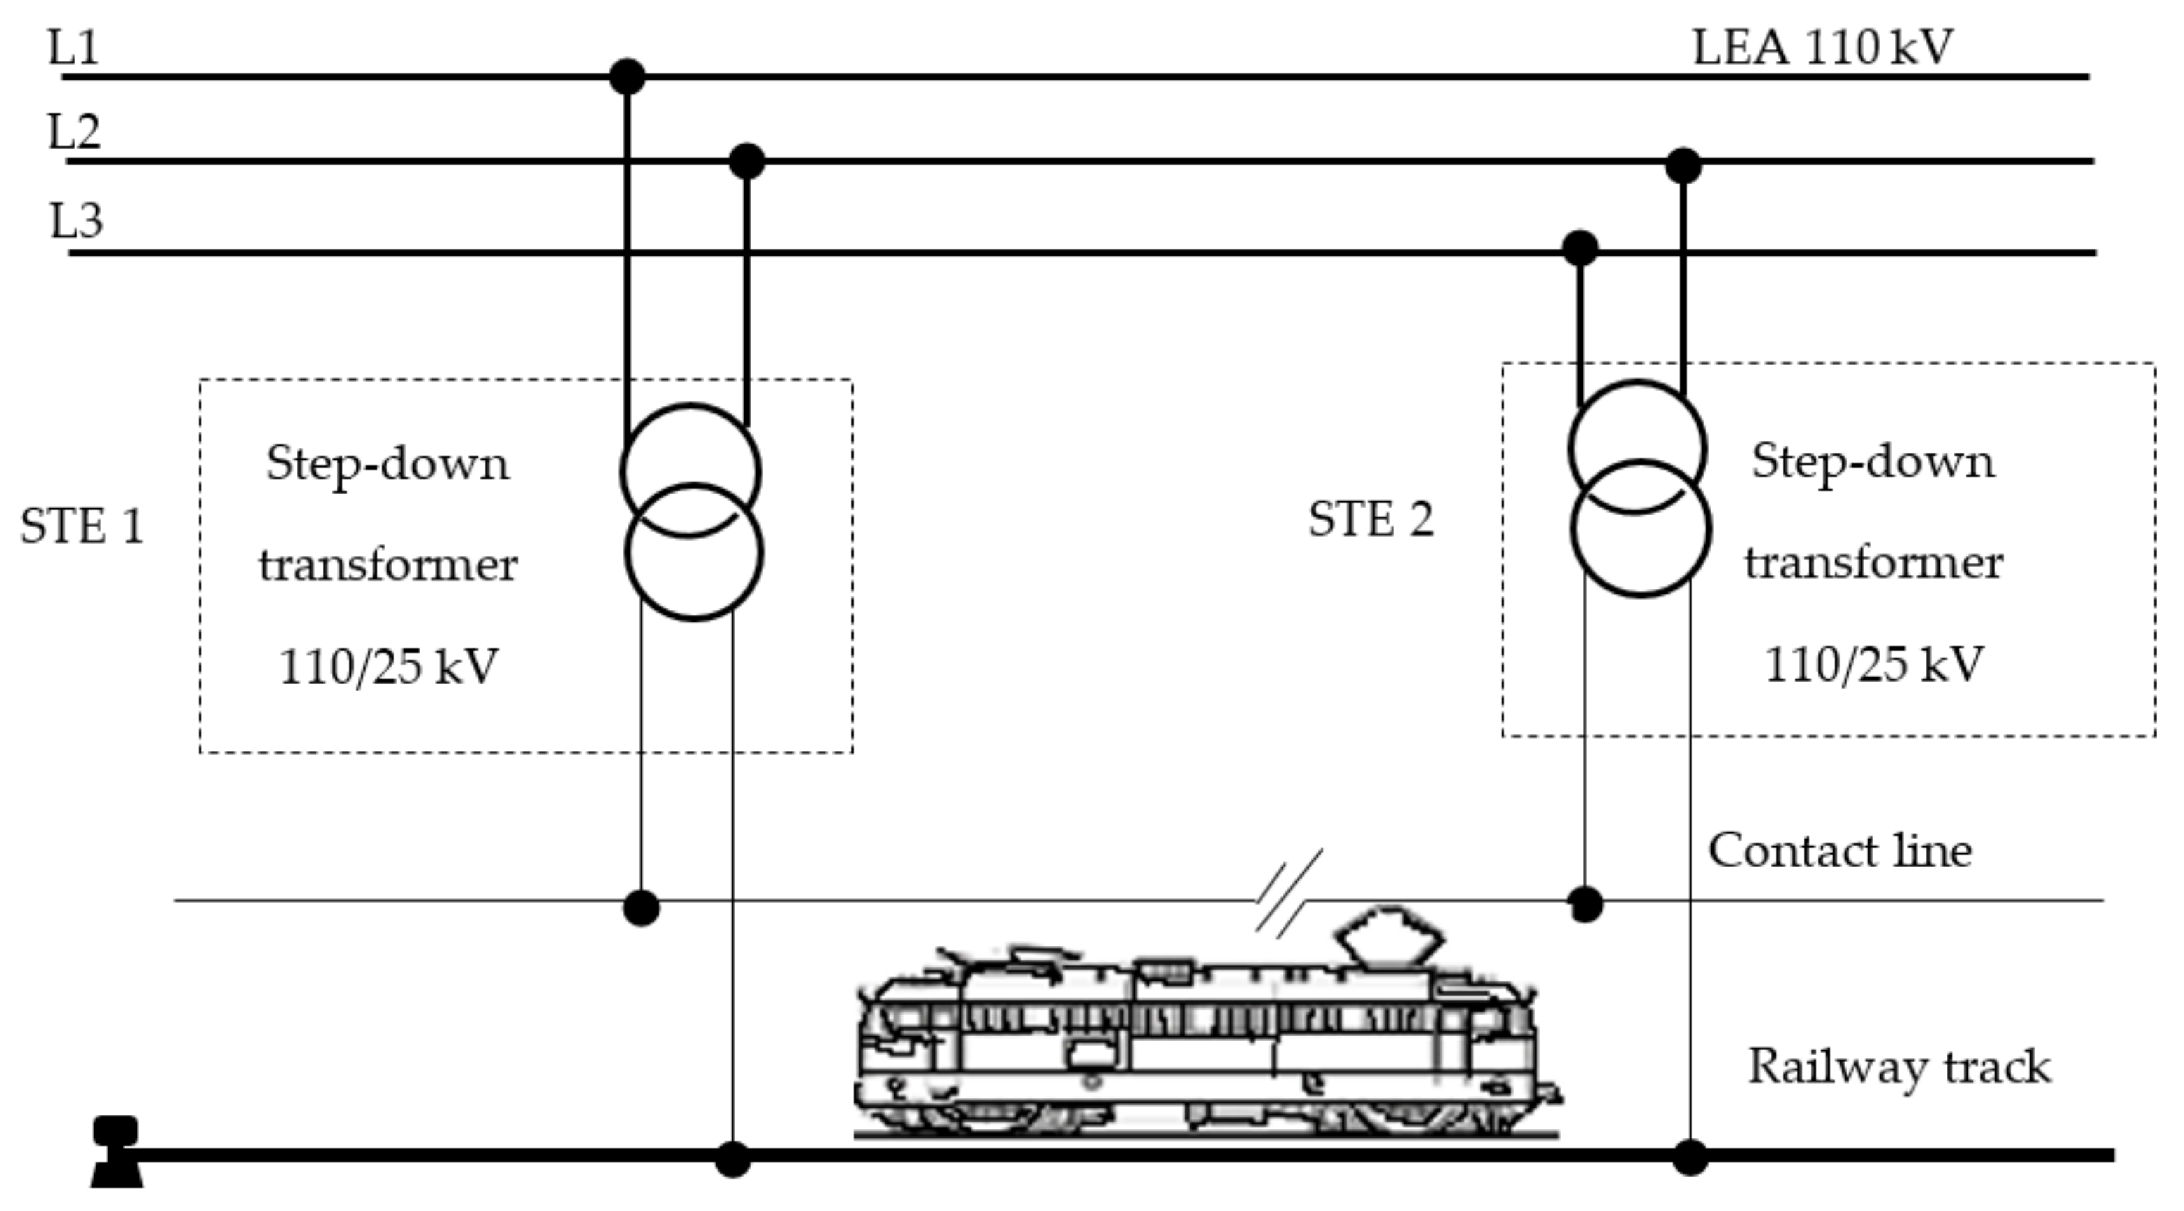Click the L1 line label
73,46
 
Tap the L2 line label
74,132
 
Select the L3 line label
76,221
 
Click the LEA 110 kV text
1823,46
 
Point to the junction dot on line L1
627,76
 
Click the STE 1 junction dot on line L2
746,161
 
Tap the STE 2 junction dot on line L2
1683,165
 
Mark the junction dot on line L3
1580,249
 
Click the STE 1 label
82,526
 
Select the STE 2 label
1371,519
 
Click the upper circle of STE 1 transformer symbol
689,449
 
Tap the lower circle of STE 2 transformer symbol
1640,551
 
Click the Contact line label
1839,850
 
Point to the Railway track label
1899,1066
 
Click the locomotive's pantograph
1388,937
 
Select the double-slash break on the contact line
1289,894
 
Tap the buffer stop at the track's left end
116,1153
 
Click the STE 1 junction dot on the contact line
640,908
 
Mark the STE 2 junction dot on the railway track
1690,1157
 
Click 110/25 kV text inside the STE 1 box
388,666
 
